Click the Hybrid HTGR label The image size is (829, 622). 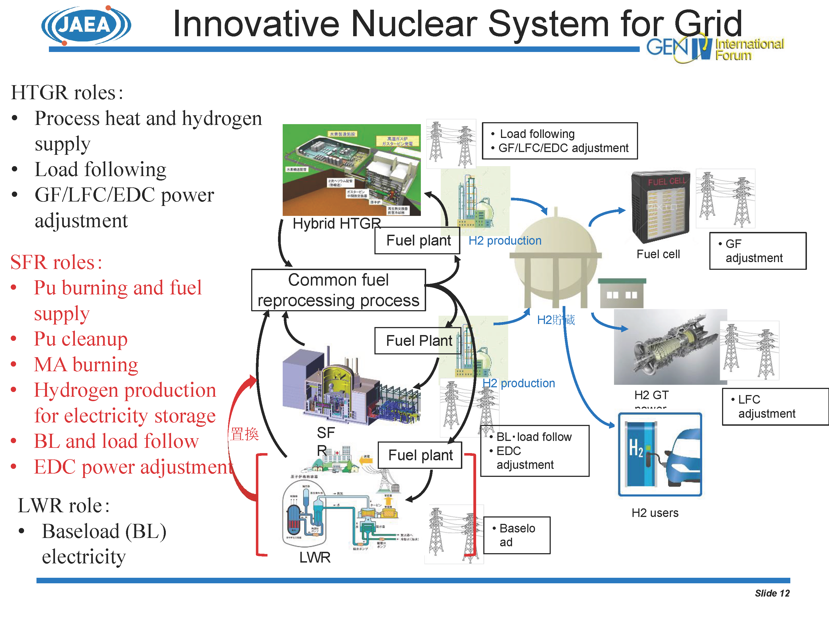click(336, 224)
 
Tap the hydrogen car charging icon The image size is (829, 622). click(660, 454)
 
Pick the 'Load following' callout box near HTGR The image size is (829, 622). click(560, 141)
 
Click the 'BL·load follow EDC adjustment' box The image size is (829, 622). click(534, 451)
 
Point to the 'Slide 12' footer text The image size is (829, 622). click(772, 593)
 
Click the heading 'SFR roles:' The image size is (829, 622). click(56, 262)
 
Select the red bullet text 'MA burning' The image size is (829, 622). click(86, 364)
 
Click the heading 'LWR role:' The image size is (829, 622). click(64, 505)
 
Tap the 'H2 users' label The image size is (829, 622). click(655, 513)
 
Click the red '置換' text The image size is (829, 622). click(244, 434)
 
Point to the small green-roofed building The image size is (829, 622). click(622, 293)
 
